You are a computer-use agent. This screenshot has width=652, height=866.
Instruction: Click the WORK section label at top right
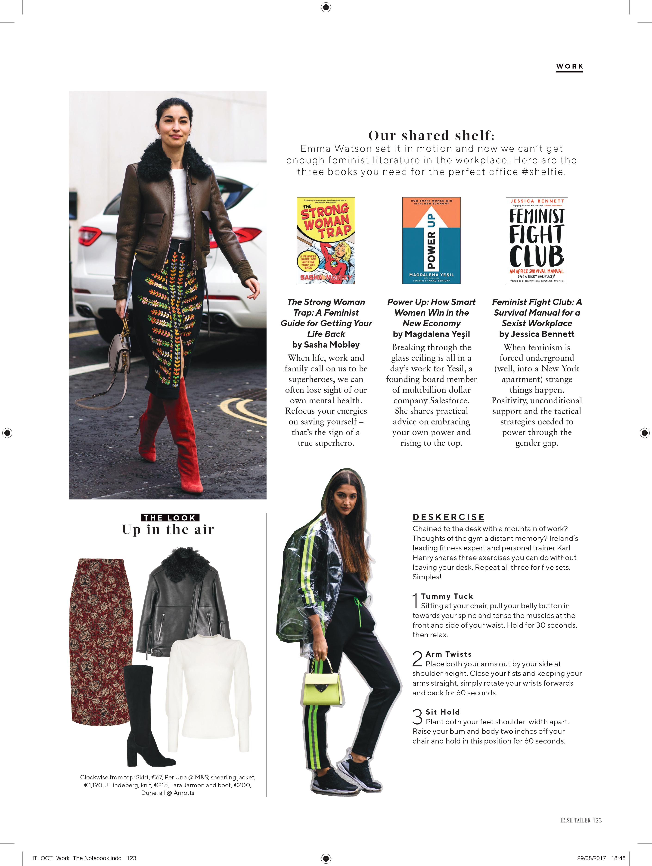569,66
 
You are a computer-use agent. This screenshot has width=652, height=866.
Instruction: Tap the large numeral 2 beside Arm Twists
417,659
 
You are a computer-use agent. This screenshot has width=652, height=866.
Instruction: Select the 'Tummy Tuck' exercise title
447,596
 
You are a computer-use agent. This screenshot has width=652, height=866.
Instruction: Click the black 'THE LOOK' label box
169,518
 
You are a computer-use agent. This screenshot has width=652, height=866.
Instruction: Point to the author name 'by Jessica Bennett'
537,334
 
